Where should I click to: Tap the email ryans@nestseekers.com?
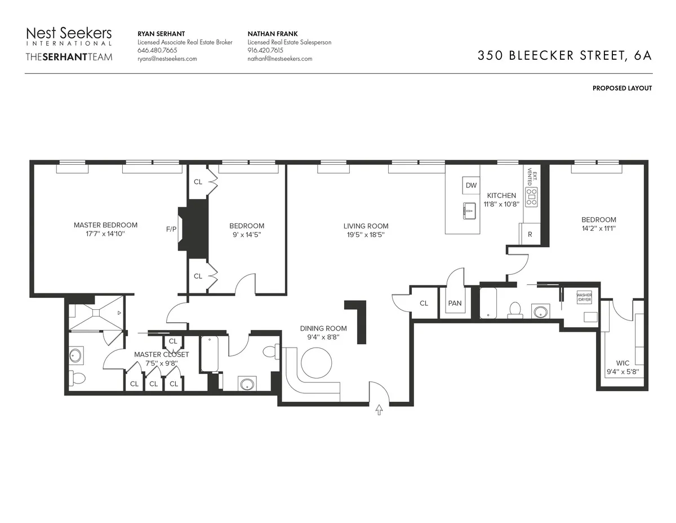coord(167,59)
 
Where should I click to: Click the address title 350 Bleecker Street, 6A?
coord(564,55)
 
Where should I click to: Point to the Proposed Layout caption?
coord(622,88)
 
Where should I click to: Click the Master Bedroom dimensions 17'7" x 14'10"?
coord(105,234)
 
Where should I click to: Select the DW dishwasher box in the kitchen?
coord(471,185)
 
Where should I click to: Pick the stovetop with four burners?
coord(531,196)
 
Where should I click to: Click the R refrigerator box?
coord(529,234)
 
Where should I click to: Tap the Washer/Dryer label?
coord(584,297)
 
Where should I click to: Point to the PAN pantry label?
coord(455,304)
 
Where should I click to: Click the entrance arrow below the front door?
coord(379,410)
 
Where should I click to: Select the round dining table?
coord(317,362)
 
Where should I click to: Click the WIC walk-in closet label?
coord(622,363)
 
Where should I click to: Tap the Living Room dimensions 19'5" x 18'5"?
coord(366,235)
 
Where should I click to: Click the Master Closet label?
coord(162,354)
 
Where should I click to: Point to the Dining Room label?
coord(323,328)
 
